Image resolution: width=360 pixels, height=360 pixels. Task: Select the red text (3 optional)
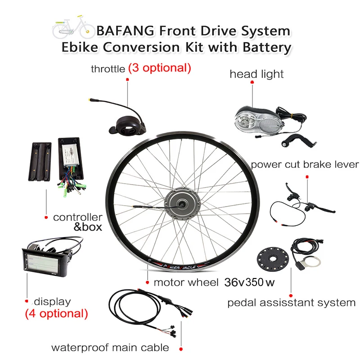(x=160, y=68)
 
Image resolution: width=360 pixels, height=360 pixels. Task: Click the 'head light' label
(x=257, y=74)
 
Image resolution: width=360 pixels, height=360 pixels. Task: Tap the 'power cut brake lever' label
(x=305, y=164)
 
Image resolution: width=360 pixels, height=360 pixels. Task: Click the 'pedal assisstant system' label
(x=291, y=302)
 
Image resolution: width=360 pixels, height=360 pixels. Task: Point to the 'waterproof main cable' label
(x=110, y=347)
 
